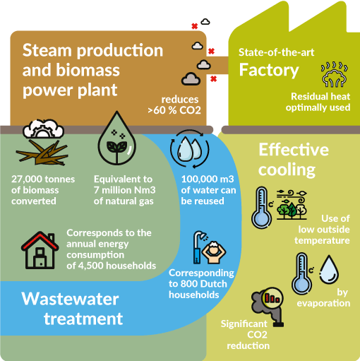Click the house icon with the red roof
(x=40, y=250)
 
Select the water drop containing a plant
(x=117, y=138)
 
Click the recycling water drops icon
(x=190, y=149)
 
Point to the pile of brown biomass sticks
(x=42, y=153)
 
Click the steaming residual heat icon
(x=334, y=74)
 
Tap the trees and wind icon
(x=292, y=205)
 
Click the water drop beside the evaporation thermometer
(x=329, y=269)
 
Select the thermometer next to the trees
(x=262, y=208)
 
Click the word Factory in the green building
(x=269, y=71)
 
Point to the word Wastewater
(x=70, y=299)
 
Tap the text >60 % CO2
(x=174, y=110)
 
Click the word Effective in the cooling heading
(x=294, y=150)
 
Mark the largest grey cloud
(x=191, y=78)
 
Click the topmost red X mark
(x=195, y=26)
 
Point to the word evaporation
(x=323, y=303)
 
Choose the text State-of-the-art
(x=277, y=52)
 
